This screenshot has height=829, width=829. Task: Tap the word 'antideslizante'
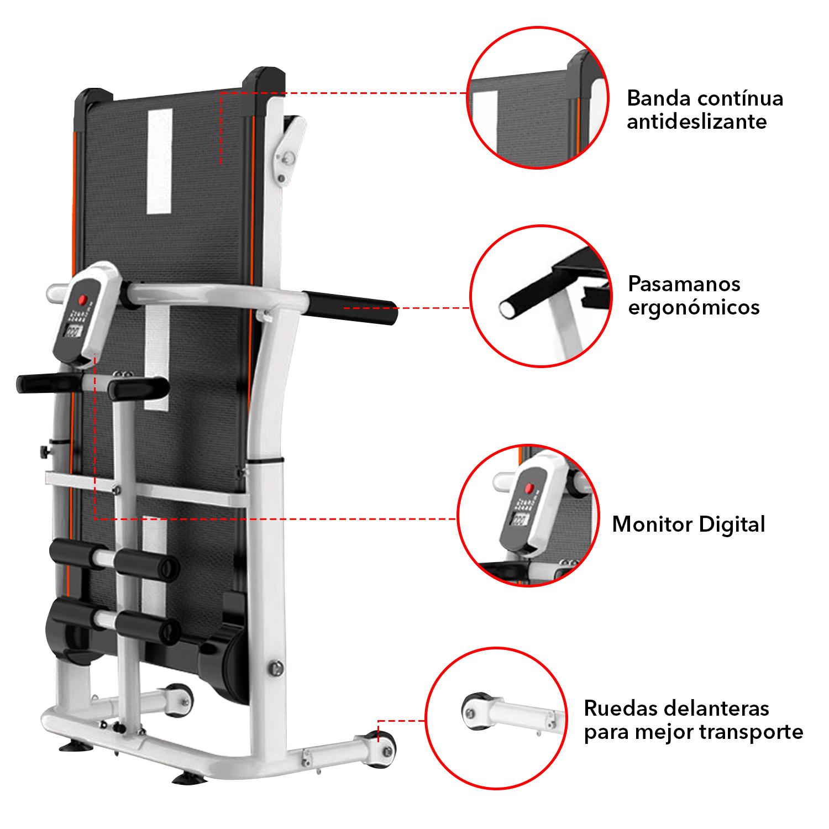(x=696, y=122)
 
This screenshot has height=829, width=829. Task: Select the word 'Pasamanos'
(x=684, y=284)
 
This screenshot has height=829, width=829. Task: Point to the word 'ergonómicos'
(x=694, y=308)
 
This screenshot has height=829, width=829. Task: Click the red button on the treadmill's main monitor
(x=83, y=300)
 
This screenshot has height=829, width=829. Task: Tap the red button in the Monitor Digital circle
(x=529, y=488)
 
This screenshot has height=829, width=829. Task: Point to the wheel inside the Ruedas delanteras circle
(x=474, y=711)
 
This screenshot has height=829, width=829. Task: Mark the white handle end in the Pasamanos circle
(x=506, y=308)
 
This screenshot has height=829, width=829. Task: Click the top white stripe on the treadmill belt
(x=160, y=161)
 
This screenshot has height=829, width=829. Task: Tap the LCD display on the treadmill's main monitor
(x=74, y=331)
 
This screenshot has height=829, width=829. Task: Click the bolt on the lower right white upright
(x=276, y=668)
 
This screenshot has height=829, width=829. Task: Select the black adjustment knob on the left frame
(x=44, y=451)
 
